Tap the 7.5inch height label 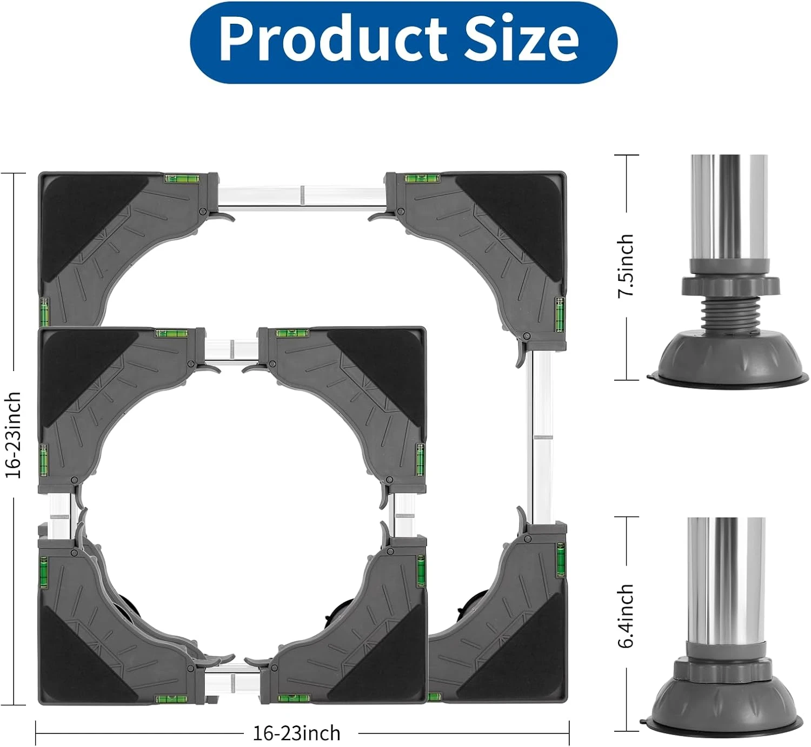(x=625, y=266)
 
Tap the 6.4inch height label (x=625, y=616)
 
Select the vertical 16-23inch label (x=12, y=435)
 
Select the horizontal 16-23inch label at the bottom (x=296, y=733)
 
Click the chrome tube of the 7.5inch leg (x=729, y=207)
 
